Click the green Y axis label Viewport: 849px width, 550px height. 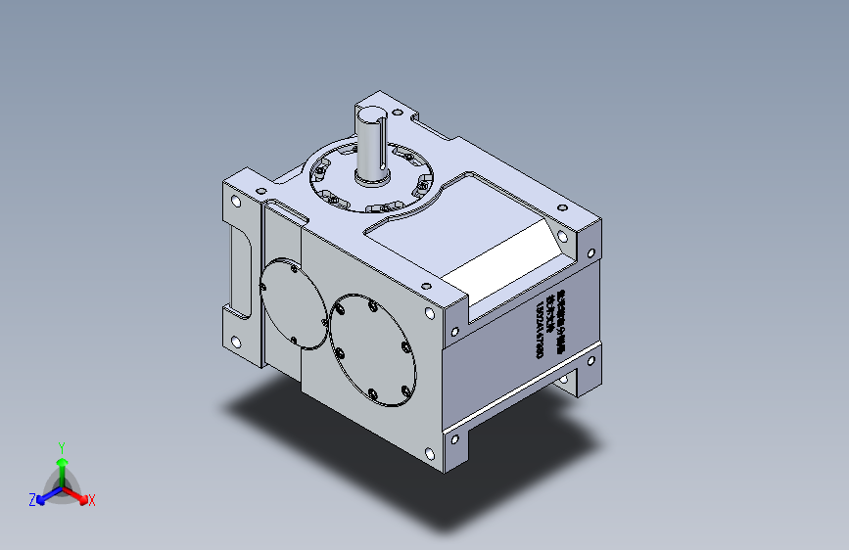click(x=61, y=445)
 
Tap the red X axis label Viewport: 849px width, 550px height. click(x=92, y=500)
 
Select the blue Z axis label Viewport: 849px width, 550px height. click(x=31, y=499)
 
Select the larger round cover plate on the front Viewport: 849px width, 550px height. click(x=374, y=348)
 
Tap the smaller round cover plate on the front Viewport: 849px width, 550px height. click(x=293, y=303)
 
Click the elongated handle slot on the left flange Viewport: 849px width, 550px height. click(x=239, y=268)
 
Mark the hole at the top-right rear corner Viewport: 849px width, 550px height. click(x=562, y=206)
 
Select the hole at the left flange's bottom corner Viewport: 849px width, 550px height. click(x=236, y=342)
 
